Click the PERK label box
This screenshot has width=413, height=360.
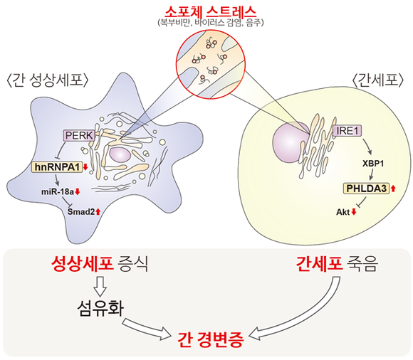point(79,135)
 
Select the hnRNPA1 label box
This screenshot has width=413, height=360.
point(57,167)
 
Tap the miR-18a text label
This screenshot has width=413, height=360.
point(58,192)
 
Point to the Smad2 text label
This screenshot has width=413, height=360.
point(81,212)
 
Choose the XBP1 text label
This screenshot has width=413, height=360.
point(373,164)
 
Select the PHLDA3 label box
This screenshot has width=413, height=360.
point(366,189)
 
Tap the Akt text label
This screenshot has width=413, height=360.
point(343,212)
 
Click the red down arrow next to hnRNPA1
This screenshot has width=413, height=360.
point(85,167)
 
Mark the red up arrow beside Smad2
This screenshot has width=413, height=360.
point(98,211)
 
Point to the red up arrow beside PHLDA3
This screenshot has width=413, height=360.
point(393,189)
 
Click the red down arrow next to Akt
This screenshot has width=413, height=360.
point(354,212)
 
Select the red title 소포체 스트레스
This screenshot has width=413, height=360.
point(210,12)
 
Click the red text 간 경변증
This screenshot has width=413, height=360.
point(211,340)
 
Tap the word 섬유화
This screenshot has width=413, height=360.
point(100,308)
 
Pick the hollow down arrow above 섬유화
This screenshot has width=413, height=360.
point(100,287)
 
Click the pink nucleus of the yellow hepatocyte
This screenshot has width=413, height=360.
point(291,143)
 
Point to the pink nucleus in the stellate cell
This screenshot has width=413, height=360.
point(120,154)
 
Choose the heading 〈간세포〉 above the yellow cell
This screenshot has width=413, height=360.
point(377,80)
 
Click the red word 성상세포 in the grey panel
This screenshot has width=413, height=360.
point(83,264)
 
